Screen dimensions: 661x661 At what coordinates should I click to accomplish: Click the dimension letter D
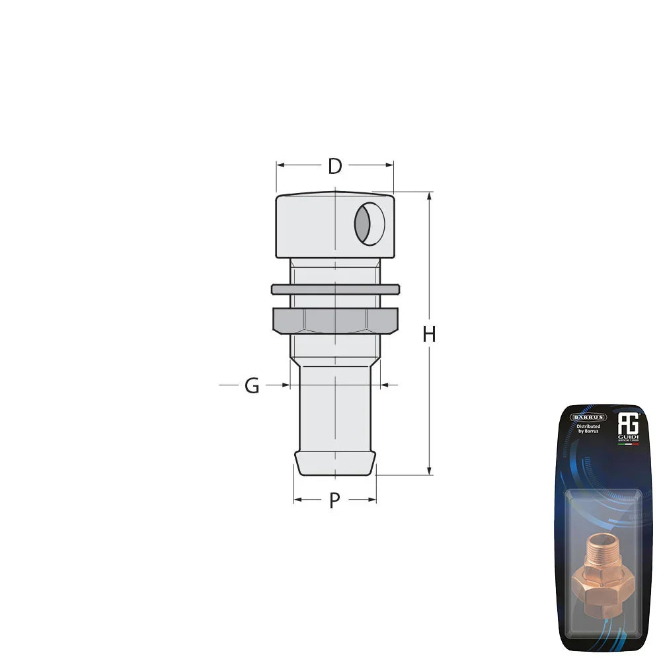point(335,167)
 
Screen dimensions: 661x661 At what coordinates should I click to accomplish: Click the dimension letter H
point(430,335)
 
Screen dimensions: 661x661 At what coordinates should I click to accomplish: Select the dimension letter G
point(252,386)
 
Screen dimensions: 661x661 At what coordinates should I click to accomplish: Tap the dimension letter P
point(334,501)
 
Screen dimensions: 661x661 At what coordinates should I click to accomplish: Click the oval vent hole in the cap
point(369,225)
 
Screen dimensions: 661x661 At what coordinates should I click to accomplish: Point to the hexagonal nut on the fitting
point(335,321)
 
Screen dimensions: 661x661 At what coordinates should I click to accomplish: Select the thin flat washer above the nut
point(335,290)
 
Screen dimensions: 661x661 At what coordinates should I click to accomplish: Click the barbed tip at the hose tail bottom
point(335,463)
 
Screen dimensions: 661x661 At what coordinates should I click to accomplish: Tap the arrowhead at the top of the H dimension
point(430,196)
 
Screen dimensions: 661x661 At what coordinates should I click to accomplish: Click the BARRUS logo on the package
point(589,417)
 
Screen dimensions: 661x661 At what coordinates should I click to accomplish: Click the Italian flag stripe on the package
point(628,444)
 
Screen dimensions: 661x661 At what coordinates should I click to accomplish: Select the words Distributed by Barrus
point(588,430)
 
